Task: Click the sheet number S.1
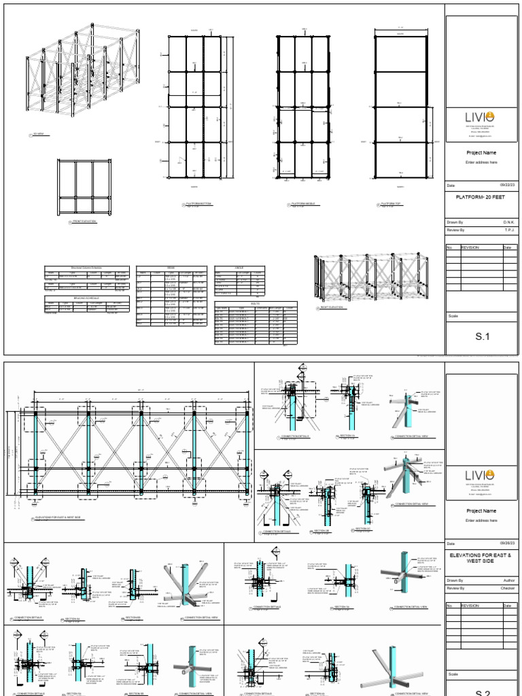click(482, 336)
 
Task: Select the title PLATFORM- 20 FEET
click(482, 196)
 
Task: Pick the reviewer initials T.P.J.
click(508, 230)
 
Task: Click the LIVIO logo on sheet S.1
click(480, 117)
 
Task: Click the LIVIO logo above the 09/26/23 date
click(480, 474)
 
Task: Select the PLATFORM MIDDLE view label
click(303, 204)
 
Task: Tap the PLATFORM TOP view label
click(390, 204)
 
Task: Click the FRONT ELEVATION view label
click(84, 222)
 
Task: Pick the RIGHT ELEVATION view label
click(331, 307)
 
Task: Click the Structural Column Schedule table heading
click(86, 268)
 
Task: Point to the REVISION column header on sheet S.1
click(470, 247)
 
